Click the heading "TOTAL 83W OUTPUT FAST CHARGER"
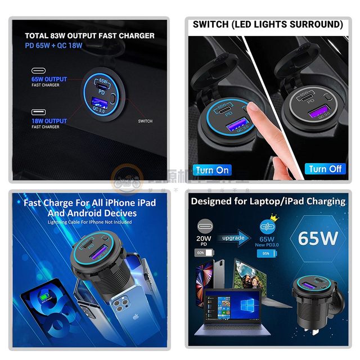pyautogui.click(x=89, y=35)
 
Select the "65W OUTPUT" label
pyautogui.click(x=49, y=80)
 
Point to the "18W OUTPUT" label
pyautogui.click(x=49, y=121)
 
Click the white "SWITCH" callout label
pyautogui.click(x=145, y=121)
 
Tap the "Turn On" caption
pyautogui.click(x=212, y=169)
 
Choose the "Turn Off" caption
pyautogui.click(x=325, y=169)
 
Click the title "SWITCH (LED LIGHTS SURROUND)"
pyautogui.click(x=268, y=25)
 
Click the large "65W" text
pyautogui.click(x=318, y=238)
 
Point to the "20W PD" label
pyautogui.click(x=204, y=241)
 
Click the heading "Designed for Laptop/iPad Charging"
pyautogui.click(x=268, y=201)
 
